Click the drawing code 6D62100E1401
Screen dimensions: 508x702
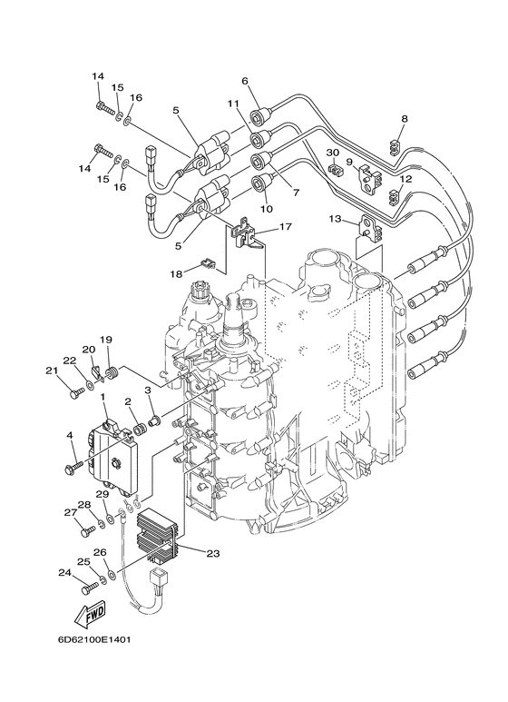click(x=94, y=639)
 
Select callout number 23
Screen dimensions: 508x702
click(x=213, y=553)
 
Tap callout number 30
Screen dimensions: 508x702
click(x=333, y=153)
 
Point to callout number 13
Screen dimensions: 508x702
click(x=335, y=219)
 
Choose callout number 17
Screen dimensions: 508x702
click(x=286, y=226)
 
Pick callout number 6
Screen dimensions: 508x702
click(x=257, y=81)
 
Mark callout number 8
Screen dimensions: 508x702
click(x=405, y=119)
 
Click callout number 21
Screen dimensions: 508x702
click(x=52, y=371)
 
